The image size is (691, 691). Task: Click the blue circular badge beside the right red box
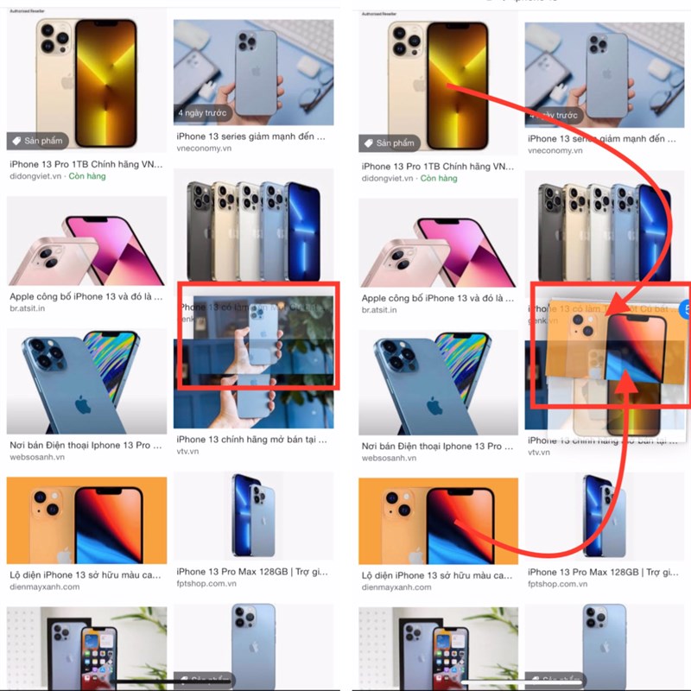click(x=687, y=307)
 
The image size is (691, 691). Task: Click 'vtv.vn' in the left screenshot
click(x=187, y=452)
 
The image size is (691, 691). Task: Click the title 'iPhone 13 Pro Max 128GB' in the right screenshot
click(x=583, y=572)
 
